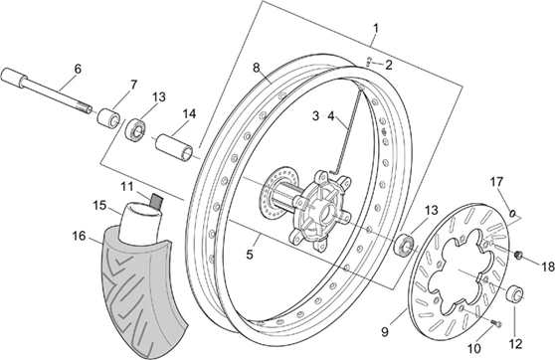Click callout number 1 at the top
(x=375, y=26)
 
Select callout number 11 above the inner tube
(x=127, y=186)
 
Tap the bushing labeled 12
(x=515, y=293)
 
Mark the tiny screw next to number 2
(x=366, y=62)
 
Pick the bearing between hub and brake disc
(x=406, y=245)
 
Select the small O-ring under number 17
(x=511, y=212)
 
